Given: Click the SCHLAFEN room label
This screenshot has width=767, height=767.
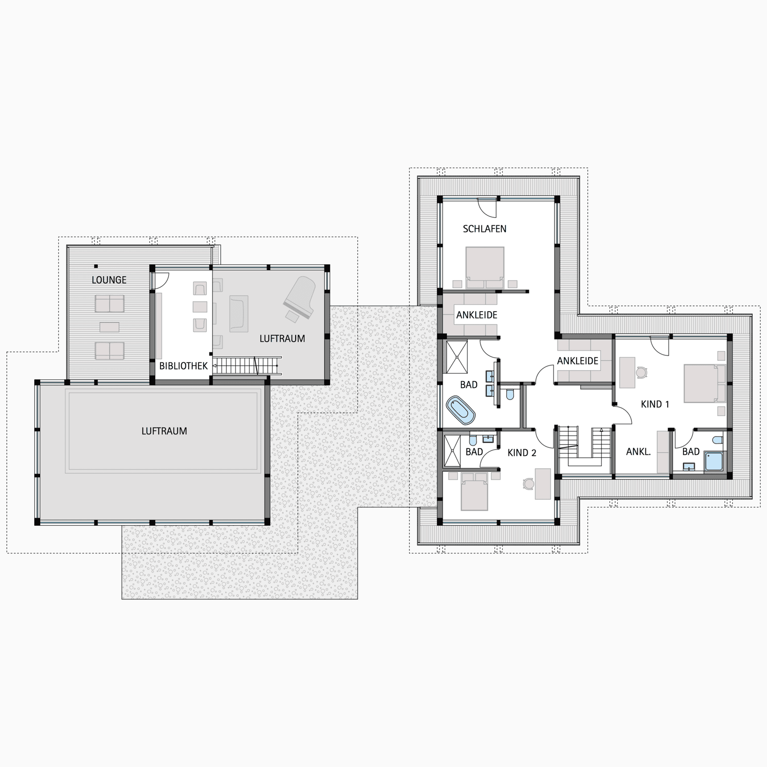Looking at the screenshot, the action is tap(484, 229).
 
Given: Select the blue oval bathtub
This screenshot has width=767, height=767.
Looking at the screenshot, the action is tap(461, 410).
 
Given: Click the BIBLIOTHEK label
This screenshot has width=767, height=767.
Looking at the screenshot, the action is tap(183, 366).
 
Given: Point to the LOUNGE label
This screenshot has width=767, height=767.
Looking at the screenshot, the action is tap(109, 280).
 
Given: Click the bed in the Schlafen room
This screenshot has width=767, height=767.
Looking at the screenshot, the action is tap(485, 268).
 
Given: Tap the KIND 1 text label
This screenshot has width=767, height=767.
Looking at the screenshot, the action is tap(655, 404).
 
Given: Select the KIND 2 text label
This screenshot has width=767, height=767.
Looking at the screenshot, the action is tap(522, 453).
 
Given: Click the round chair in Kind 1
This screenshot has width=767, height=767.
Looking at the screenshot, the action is tap(641, 372).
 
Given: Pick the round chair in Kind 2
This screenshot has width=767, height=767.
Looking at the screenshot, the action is tap(528, 484).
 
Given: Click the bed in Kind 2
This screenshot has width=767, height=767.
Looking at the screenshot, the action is tap(474, 491).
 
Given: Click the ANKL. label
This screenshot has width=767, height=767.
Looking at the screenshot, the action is tap(639, 452).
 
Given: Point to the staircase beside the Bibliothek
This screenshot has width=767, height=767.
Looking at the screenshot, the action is tap(247, 365).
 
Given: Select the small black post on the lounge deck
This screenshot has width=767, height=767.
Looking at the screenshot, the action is tap(96, 266).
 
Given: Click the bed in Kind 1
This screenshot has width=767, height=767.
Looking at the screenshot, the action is tap(705, 383).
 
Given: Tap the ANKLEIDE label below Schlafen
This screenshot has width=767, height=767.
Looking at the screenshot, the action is tap(476, 315).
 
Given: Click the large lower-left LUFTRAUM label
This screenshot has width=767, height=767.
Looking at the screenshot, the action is tap(164, 431).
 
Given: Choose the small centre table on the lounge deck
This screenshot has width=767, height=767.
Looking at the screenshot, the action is tap(109, 327).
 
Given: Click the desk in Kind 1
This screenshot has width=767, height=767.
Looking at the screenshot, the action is tap(627, 372).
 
